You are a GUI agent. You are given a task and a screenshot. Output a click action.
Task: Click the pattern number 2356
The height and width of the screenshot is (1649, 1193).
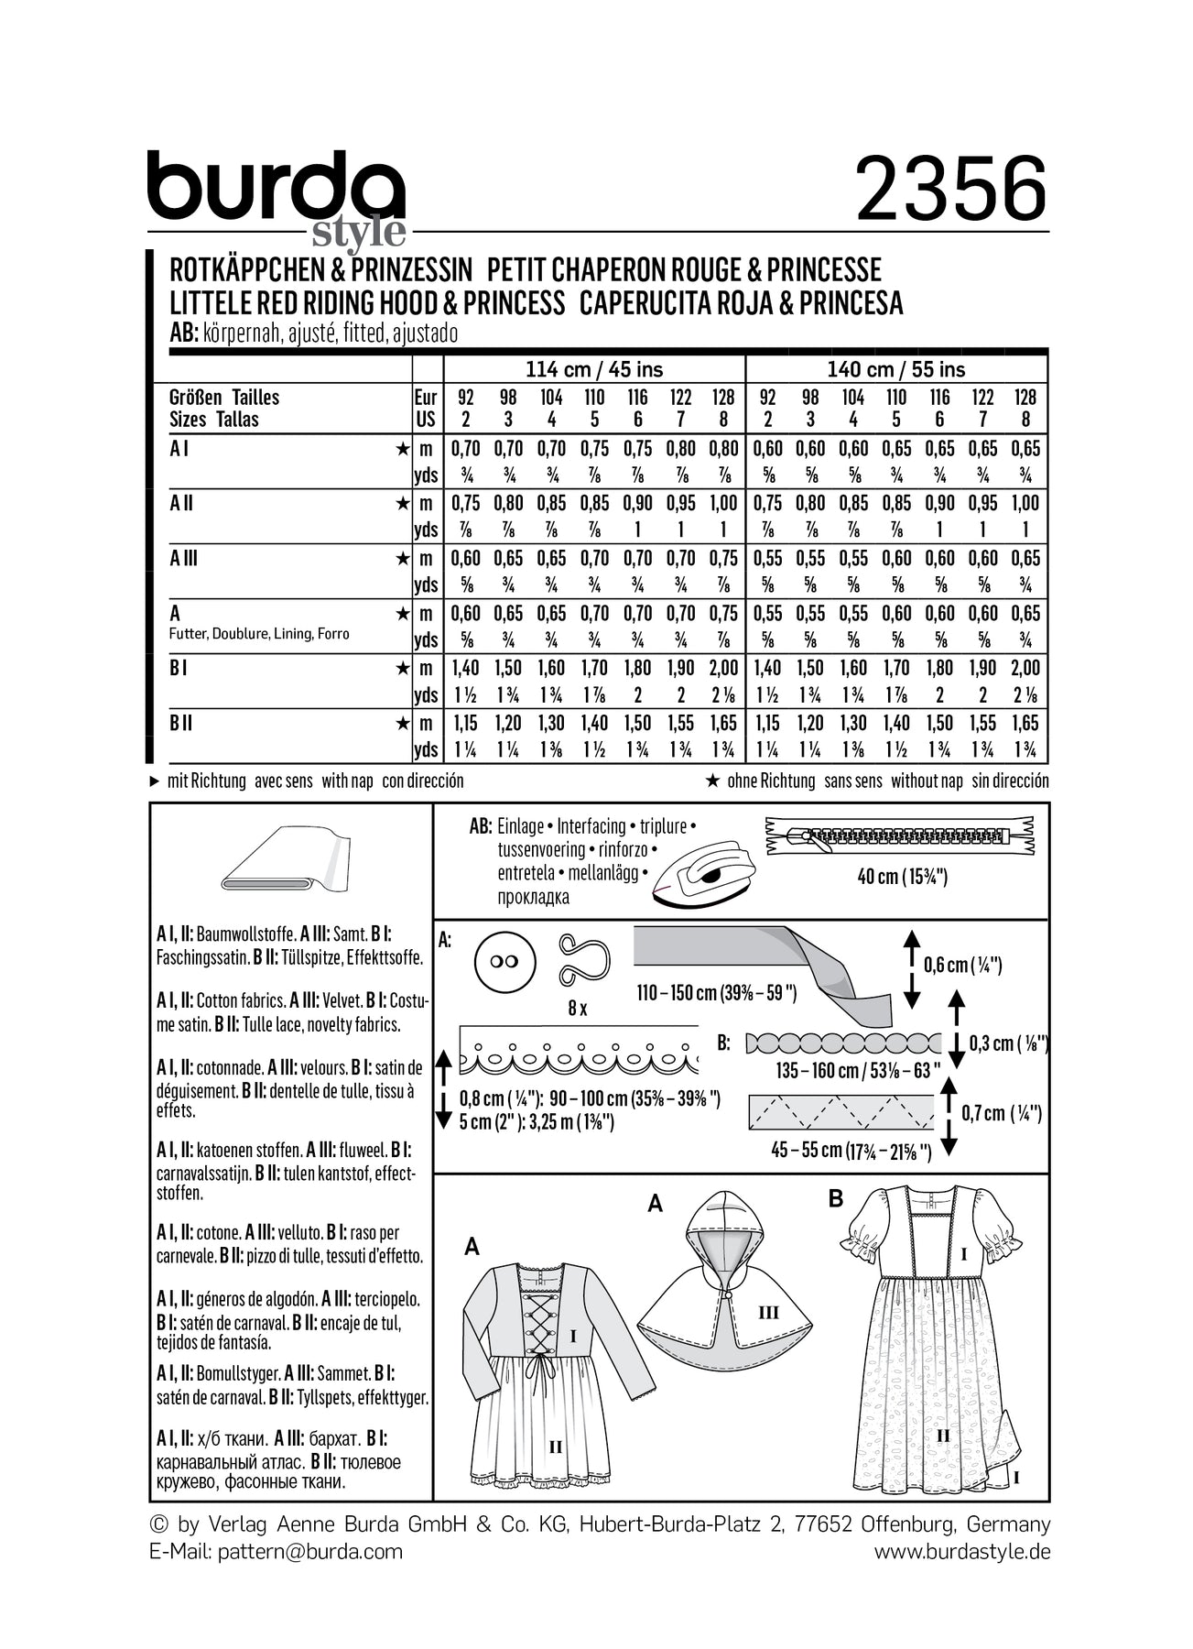tap(951, 188)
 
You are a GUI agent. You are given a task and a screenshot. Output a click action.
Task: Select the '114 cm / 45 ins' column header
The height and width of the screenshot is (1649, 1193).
tap(594, 370)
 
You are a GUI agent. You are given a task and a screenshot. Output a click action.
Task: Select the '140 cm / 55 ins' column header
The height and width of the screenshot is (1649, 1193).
tap(896, 370)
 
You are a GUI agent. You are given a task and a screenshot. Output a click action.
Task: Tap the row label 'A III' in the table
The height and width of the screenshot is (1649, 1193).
tap(184, 559)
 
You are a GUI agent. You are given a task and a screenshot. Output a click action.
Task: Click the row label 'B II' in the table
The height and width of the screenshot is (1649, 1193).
tap(181, 724)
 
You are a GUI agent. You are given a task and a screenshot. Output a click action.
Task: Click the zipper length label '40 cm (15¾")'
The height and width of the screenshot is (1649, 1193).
tap(901, 877)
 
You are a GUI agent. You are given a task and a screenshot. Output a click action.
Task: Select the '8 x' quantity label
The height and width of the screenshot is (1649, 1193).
tap(578, 1009)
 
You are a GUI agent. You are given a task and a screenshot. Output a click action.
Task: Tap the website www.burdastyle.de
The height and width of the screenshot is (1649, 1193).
tap(961, 1551)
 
